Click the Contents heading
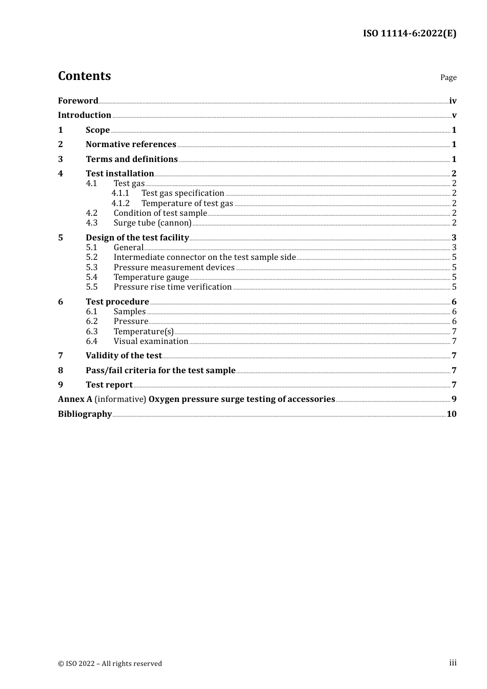tap(84, 76)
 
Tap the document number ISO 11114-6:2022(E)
tap(409, 33)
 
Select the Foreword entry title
tap(78, 100)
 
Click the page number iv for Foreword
tap(453, 101)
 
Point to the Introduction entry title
tap(85, 115)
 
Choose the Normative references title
tap(131, 144)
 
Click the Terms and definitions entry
tap(132, 159)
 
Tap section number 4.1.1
tap(120, 193)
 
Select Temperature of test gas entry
tap(187, 204)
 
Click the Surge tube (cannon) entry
tap(152, 223)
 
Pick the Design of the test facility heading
tap(137, 237)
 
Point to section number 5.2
tap(92, 257)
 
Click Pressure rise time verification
tap(173, 287)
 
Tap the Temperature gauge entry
tap(151, 277)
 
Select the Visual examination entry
tap(151, 341)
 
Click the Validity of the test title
tap(124, 355)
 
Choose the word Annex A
tap(75, 399)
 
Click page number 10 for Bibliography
tap(452, 414)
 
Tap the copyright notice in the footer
tap(110, 663)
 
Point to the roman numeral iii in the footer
tap(453, 663)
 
